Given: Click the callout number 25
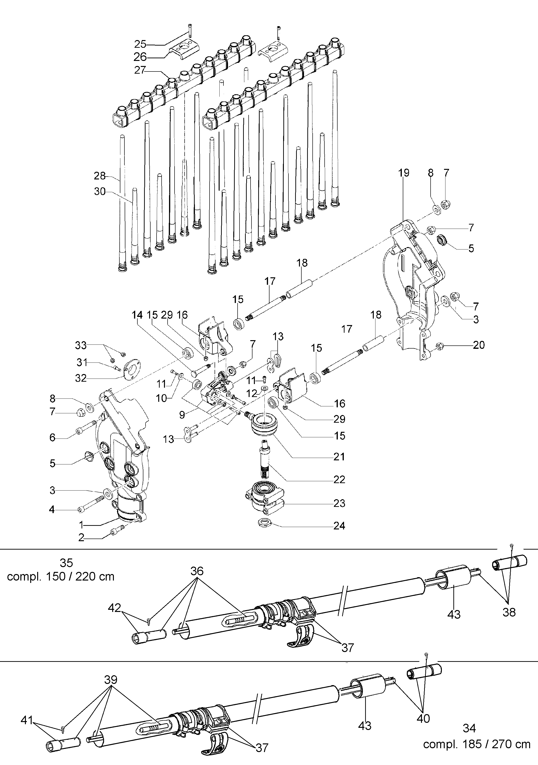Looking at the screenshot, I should (x=140, y=44).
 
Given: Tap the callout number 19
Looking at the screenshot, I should (x=403, y=173).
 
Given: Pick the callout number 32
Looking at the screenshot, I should (x=81, y=378).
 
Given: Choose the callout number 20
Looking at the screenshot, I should (x=479, y=345).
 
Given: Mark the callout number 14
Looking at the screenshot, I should (x=137, y=315).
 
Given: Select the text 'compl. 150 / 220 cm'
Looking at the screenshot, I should (x=61, y=576).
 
